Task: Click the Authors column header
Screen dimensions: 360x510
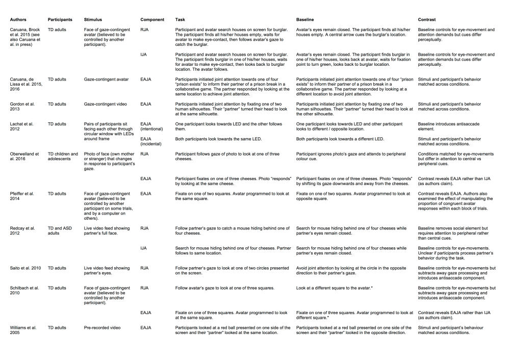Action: point(18,20)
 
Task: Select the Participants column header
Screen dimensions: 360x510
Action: point(60,20)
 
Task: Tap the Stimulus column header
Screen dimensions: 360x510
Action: point(93,20)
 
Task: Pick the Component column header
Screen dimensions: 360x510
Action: point(152,20)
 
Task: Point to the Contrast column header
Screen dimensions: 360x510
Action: point(427,20)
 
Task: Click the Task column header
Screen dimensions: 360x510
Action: point(180,20)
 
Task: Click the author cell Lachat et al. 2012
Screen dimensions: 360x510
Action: point(23,126)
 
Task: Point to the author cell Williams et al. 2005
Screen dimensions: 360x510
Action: point(23,330)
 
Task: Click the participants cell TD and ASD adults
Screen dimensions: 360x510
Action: point(60,230)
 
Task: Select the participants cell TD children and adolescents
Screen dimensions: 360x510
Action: point(63,156)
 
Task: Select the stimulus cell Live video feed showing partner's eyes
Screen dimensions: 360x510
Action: point(107,270)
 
